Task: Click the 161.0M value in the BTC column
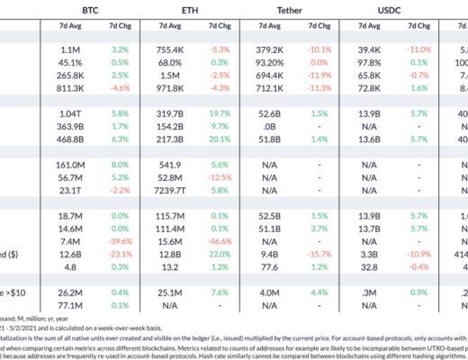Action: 64,166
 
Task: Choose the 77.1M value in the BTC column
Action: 66,305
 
